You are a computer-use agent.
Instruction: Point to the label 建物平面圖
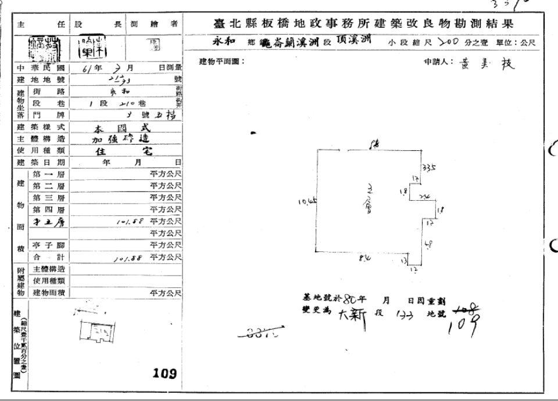(221, 62)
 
